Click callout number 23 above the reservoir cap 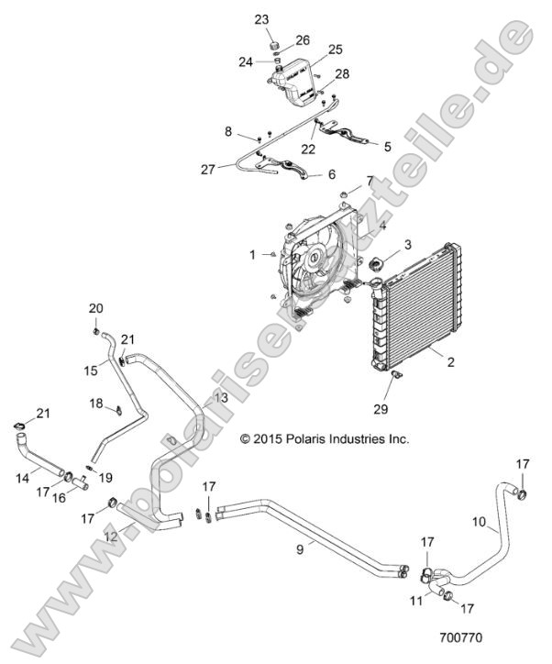tap(261, 19)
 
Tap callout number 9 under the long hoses tap(299, 550)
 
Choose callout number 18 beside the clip tap(96, 404)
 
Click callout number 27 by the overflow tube tap(208, 169)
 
